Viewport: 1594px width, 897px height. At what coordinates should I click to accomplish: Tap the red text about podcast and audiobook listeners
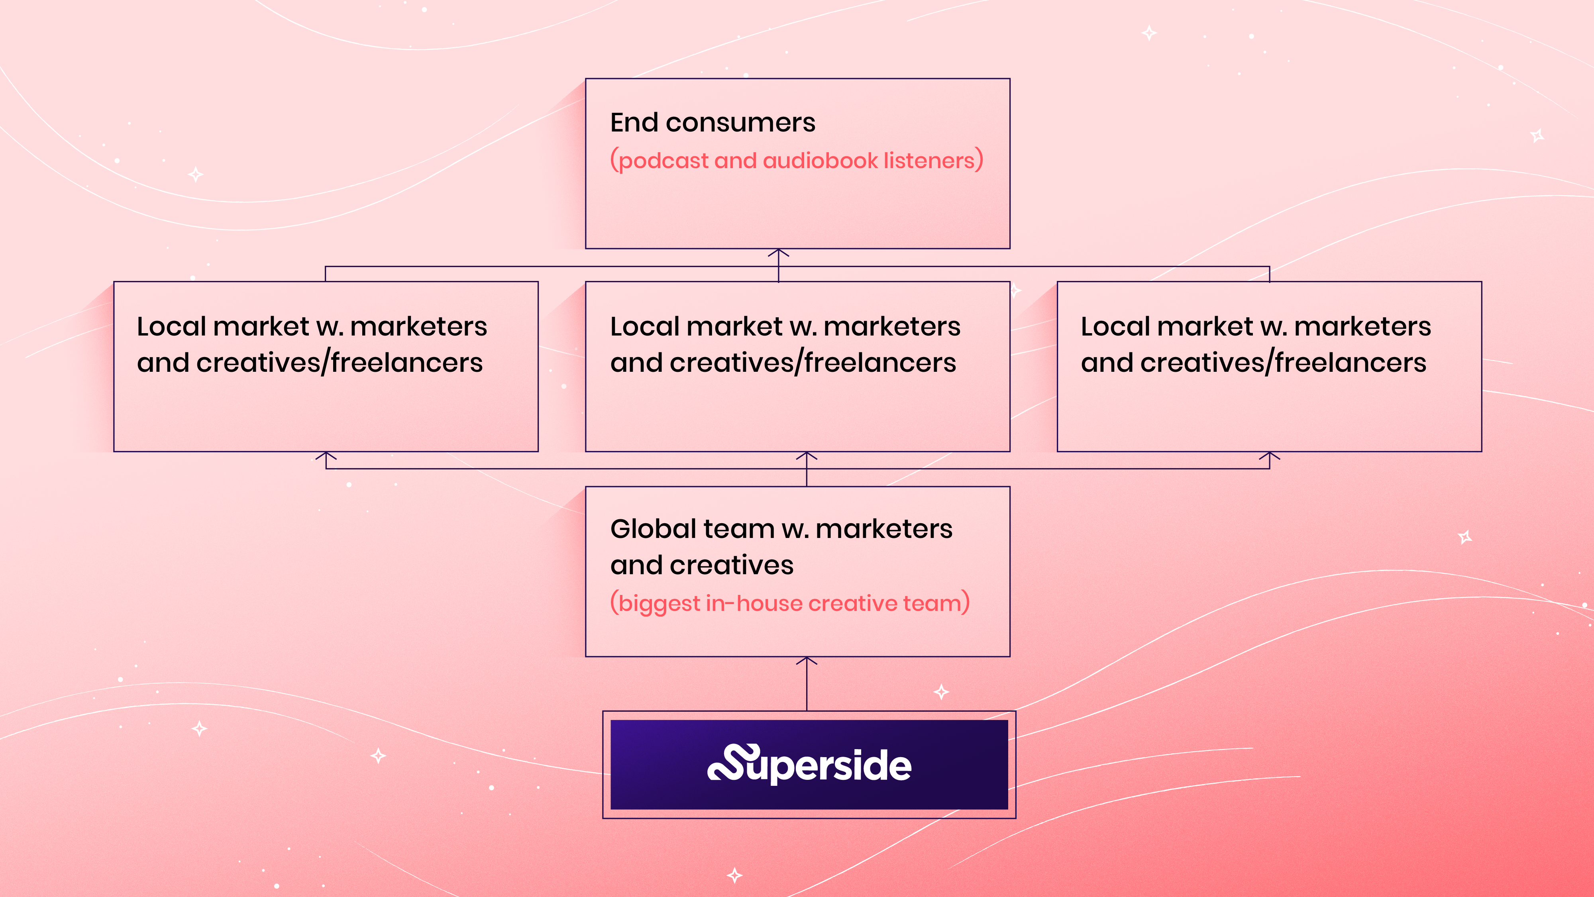(x=796, y=161)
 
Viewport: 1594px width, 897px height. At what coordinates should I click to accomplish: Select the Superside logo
(x=809, y=765)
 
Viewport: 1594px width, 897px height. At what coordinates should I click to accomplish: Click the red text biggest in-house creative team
(x=789, y=603)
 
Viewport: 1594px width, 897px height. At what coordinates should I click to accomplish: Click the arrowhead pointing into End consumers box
(x=778, y=253)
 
